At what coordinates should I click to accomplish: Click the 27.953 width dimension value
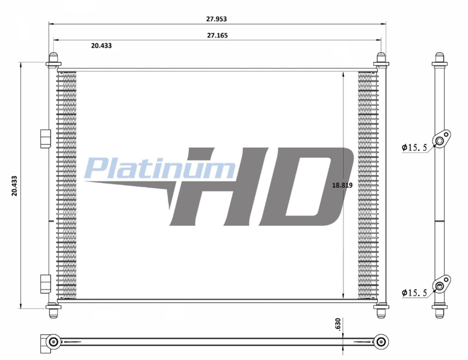click(x=216, y=19)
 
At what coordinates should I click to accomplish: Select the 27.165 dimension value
click(x=217, y=36)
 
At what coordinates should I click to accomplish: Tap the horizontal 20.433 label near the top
click(x=101, y=46)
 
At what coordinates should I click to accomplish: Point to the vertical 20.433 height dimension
click(x=14, y=185)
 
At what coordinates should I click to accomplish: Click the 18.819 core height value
click(x=342, y=185)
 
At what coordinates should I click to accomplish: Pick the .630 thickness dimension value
click(x=338, y=324)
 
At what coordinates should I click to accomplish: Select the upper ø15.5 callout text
click(x=415, y=147)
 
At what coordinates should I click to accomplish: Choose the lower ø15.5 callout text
click(x=415, y=293)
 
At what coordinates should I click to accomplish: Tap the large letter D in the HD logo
click(x=304, y=186)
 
